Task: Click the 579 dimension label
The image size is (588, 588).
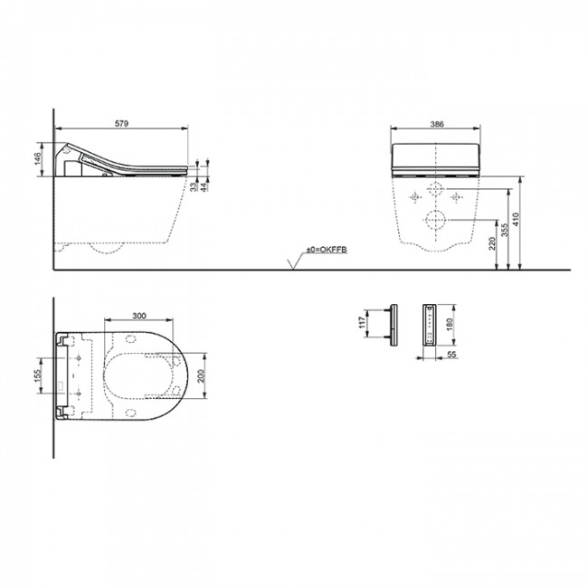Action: pos(121,123)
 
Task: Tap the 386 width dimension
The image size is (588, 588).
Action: pos(437,124)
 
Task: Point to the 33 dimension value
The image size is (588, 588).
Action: pos(193,186)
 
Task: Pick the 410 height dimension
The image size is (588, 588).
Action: pos(516,220)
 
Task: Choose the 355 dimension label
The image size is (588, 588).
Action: pos(505,230)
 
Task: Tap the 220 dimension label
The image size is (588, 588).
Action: pos(492,243)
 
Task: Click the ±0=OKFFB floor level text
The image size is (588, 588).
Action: pos(327,250)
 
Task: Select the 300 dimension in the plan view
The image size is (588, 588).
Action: pos(139,316)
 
